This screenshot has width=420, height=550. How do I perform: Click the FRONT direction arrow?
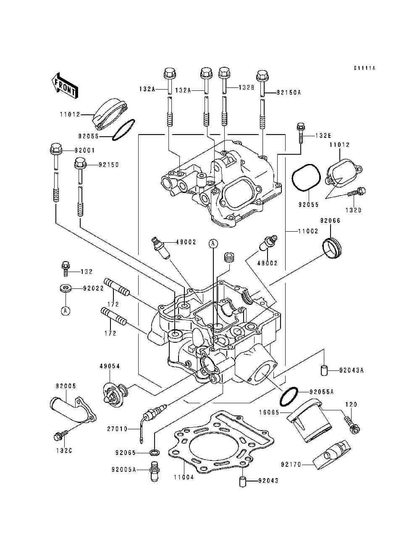point(65,86)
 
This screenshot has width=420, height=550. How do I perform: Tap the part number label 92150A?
point(289,93)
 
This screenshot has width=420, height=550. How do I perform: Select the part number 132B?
point(246,87)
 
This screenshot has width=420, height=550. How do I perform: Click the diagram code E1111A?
point(365,68)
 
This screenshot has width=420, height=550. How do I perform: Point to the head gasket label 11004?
point(184,477)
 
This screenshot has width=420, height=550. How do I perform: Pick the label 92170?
point(291,465)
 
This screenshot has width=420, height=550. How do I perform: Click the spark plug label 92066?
point(331,220)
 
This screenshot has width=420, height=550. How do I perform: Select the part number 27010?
point(117,429)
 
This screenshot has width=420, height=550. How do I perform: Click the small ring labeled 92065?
point(155,453)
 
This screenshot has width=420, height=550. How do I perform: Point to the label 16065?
point(269,412)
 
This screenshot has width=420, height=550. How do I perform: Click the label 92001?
point(84,151)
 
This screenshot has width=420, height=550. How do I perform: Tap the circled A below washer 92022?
point(66,311)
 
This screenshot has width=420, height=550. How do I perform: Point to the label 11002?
point(308,231)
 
